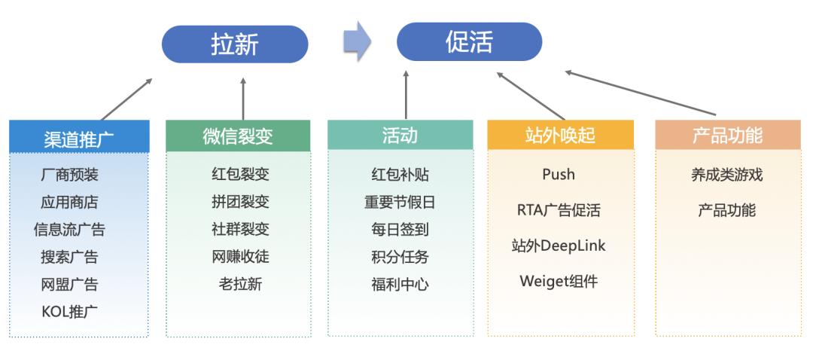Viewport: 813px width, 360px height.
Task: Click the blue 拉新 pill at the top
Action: pyautogui.click(x=235, y=44)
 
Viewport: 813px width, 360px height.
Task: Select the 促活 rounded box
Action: pyautogui.click(x=469, y=42)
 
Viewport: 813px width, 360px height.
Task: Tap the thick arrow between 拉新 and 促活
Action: pyautogui.click(x=357, y=41)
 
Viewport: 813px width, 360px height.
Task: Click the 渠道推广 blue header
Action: pyautogui.click(x=79, y=137)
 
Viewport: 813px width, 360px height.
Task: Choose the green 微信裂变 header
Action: pyautogui.click(x=238, y=136)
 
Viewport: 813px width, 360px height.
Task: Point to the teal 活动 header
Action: pyautogui.click(x=400, y=135)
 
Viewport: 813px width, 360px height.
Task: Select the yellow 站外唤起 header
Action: pyautogui.click(x=560, y=135)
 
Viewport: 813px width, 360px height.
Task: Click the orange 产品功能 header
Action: pyautogui.click(x=727, y=135)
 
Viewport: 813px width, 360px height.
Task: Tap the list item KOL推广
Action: pyautogui.click(x=69, y=311)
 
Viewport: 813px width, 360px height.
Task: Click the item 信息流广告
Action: pyautogui.click(x=69, y=229)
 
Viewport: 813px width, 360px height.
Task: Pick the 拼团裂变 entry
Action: pyautogui.click(x=240, y=202)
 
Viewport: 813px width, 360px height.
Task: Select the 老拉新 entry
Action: pyautogui.click(x=240, y=284)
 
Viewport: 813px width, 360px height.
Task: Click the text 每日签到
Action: pyautogui.click(x=400, y=229)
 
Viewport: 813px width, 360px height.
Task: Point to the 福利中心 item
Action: pyautogui.click(x=400, y=284)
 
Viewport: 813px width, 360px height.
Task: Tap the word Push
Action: pyautogui.click(x=559, y=174)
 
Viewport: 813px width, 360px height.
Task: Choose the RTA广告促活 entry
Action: pyautogui.click(x=559, y=210)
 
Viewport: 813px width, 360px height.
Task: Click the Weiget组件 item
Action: pyautogui.click(x=559, y=281)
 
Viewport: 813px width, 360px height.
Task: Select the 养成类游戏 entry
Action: pyautogui.click(x=726, y=174)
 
